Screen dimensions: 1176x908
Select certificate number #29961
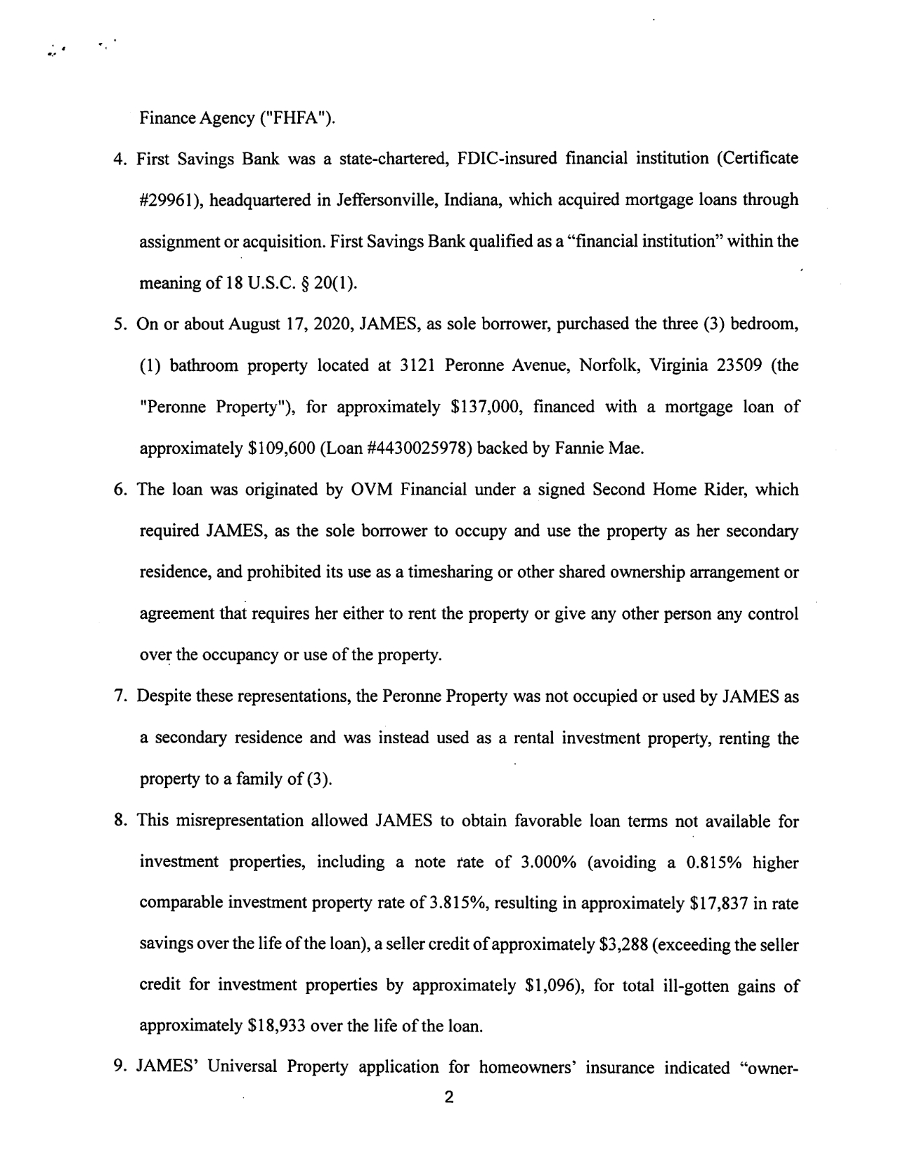pyautogui.click(x=166, y=200)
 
